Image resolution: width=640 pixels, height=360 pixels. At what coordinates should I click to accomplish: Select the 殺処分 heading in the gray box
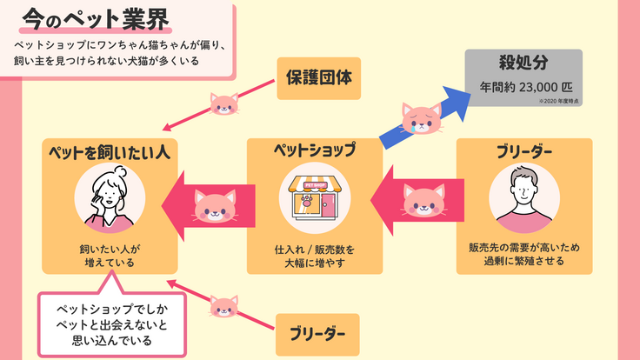click(x=522, y=63)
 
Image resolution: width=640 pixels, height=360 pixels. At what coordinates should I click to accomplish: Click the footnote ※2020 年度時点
click(x=558, y=103)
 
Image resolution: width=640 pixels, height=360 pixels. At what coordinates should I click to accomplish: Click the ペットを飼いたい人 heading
click(x=109, y=152)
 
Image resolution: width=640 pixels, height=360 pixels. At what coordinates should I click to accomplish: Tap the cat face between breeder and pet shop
click(x=423, y=203)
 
